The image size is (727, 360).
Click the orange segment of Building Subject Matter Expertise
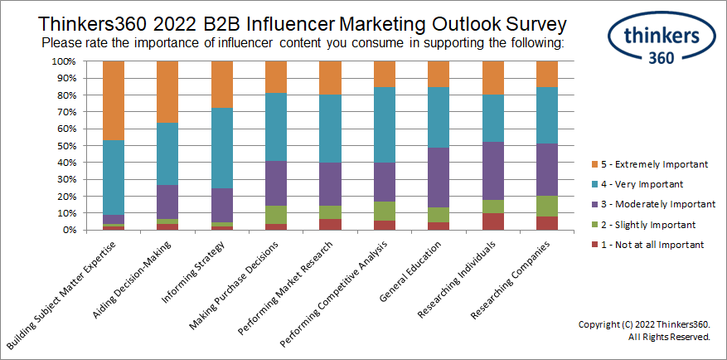point(114,100)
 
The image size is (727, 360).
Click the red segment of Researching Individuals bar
point(494,221)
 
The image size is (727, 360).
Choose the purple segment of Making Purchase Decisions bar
point(277,182)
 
